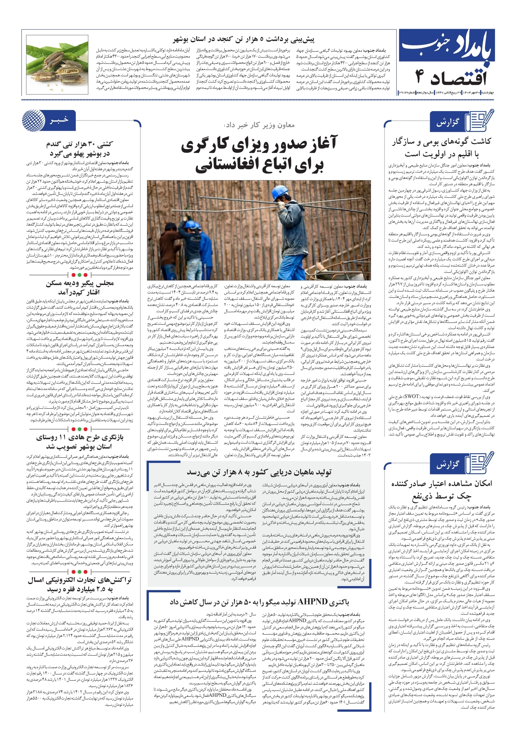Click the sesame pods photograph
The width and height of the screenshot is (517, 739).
(57, 64)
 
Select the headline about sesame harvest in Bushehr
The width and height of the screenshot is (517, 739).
(243, 40)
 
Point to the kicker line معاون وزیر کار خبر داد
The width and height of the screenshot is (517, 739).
(259, 125)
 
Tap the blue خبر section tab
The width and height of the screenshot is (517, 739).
(59, 120)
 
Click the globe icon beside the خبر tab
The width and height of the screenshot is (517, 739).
(33, 120)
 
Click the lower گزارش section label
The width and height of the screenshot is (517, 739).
(448, 464)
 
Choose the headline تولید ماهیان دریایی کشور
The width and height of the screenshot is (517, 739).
(259, 472)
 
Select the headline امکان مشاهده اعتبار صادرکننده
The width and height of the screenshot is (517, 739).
(441, 484)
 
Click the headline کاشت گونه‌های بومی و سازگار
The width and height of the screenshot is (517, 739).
(441, 142)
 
